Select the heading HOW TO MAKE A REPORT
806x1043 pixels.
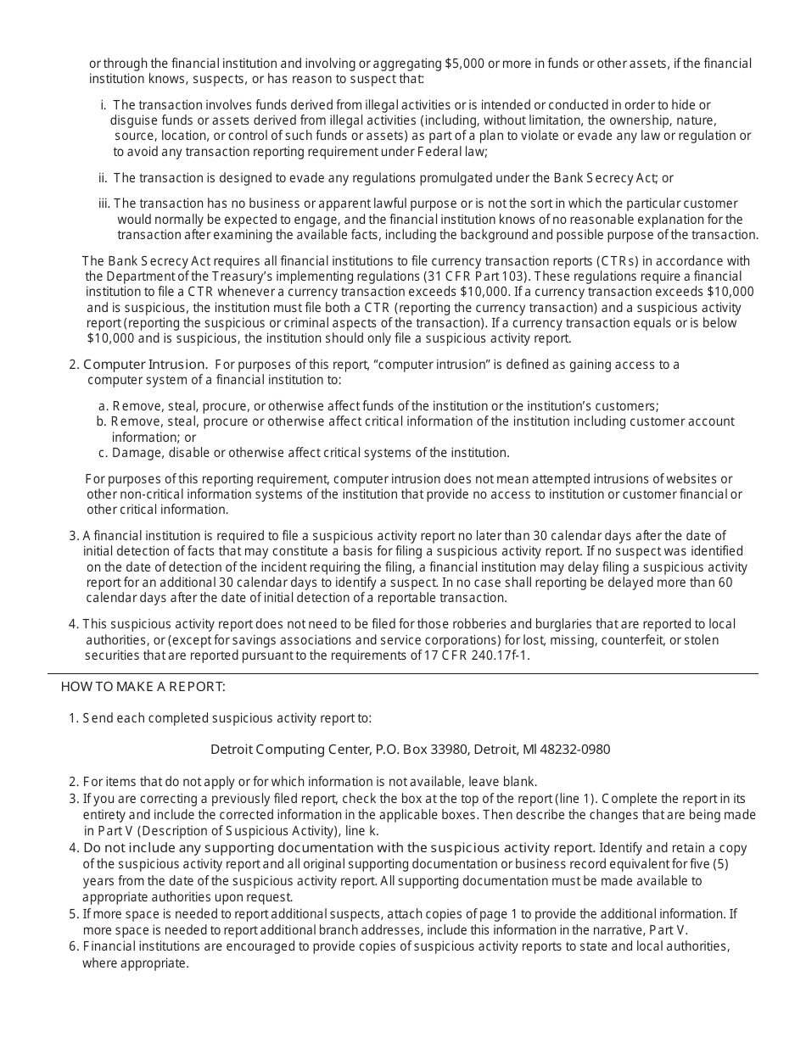(143, 686)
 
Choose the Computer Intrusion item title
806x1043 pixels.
(145, 365)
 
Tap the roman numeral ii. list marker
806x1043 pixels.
(103, 178)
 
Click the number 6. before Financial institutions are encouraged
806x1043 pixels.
(73, 946)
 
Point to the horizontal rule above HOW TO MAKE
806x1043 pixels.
(403, 673)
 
